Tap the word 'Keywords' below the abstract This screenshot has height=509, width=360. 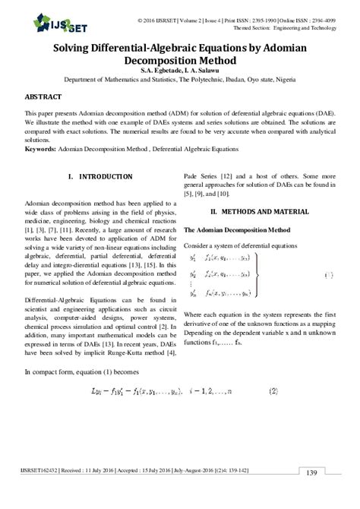[39, 149]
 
